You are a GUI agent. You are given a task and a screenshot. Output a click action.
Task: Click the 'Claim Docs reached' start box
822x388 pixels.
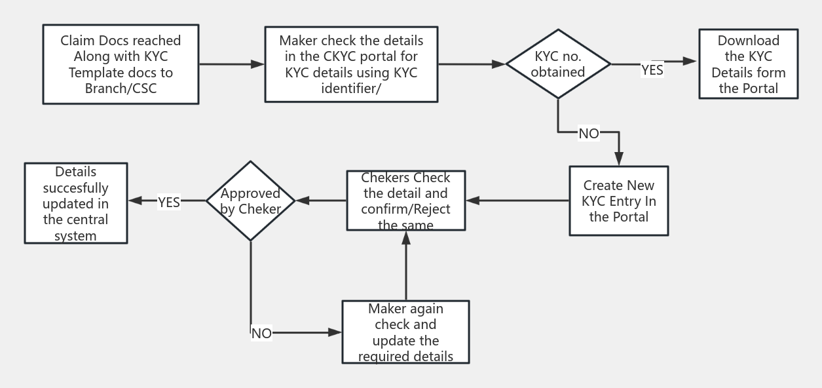click(x=121, y=64)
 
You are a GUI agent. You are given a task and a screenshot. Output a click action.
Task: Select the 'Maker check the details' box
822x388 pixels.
click(x=351, y=64)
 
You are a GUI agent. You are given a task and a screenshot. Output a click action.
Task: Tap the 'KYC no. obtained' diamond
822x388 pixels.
click(x=558, y=64)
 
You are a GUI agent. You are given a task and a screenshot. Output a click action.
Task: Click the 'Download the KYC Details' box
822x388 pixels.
click(x=748, y=64)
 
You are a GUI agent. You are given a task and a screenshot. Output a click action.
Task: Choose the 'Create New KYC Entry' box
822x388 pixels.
click(x=618, y=201)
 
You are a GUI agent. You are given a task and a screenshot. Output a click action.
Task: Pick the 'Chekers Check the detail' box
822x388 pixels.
click(x=405, y=201)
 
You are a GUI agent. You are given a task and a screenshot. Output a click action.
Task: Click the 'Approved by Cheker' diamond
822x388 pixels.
click(x=251, y=201)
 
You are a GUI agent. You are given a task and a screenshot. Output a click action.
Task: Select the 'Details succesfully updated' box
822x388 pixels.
click(x=76, y=203)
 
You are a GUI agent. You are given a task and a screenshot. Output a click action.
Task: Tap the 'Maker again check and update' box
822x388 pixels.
click(x=405, y=332)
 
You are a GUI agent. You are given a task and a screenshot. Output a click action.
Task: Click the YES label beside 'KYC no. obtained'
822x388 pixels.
click(x=652, y=70)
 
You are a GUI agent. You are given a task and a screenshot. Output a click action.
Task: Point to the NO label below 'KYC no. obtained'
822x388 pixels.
click(x=588, y=134)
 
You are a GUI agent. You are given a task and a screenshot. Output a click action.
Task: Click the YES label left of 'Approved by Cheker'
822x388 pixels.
click(x=169, y=203)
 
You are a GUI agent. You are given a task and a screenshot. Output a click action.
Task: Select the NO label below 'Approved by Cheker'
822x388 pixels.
click(x=261, y=334)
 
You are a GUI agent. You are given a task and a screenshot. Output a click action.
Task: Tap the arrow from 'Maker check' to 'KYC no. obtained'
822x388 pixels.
click(x=472, y=64)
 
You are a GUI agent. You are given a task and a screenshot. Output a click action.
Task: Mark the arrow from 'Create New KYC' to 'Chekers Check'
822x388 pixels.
click(x=517, y=201)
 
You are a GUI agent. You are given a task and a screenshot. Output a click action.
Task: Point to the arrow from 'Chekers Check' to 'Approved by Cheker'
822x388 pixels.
click(x=321, y=201)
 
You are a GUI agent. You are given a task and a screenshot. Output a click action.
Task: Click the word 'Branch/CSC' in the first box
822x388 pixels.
click(x=121, y=88)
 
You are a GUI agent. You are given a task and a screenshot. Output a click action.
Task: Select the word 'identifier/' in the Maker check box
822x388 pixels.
click(x=351, y=88)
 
